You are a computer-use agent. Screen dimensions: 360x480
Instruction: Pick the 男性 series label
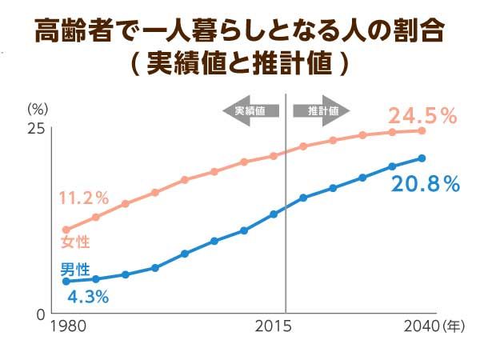point(75,269)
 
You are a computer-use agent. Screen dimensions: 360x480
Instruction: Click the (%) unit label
point(37,108)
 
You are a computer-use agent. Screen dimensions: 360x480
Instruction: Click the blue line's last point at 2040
point(422,158)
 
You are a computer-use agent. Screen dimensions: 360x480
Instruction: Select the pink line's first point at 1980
point(66,230)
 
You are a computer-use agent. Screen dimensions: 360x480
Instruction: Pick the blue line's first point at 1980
point(66,281)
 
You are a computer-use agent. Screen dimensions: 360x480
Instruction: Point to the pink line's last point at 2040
point(422,130)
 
